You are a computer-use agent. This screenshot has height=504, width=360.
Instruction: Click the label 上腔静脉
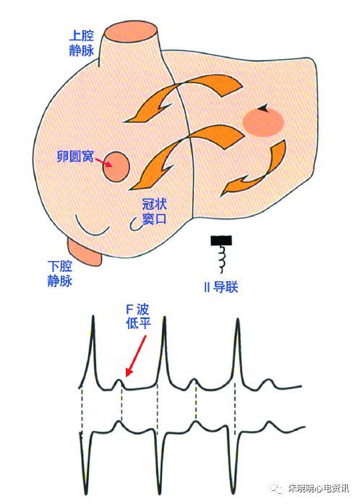click(x=82, y=43)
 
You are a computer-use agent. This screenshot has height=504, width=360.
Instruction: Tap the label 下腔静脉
click(x=60, y=273)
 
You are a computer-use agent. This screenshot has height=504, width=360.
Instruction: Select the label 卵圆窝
click(x=75, y=156)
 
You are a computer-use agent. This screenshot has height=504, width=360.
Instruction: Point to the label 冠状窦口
click(x=154, y=211)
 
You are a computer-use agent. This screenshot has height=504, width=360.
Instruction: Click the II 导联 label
click(x=221, y=286)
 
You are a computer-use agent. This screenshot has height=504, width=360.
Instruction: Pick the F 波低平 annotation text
click(x=138, y=317)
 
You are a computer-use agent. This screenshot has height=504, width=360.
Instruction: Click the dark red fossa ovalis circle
click(x=116, y=167)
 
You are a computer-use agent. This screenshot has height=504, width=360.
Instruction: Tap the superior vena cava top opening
click(x=131, y=32)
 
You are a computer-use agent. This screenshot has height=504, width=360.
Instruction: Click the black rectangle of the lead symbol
click(x=221, y=240)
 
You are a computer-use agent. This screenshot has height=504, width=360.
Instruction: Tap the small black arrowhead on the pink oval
click(x=265, y=108)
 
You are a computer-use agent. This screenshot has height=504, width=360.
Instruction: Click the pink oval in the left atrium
click(x=264, y=122)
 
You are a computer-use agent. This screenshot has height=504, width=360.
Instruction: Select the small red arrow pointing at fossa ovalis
click(x=103, y=162)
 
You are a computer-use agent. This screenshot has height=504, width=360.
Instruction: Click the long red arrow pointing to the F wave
click(x=136, y=356)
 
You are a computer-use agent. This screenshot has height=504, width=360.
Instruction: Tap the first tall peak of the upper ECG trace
click(x=93, y=317)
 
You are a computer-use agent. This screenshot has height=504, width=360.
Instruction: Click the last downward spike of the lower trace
click(x=234, y=490)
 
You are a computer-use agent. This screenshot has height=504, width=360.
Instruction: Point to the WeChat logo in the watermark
click(x=277, y=489)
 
